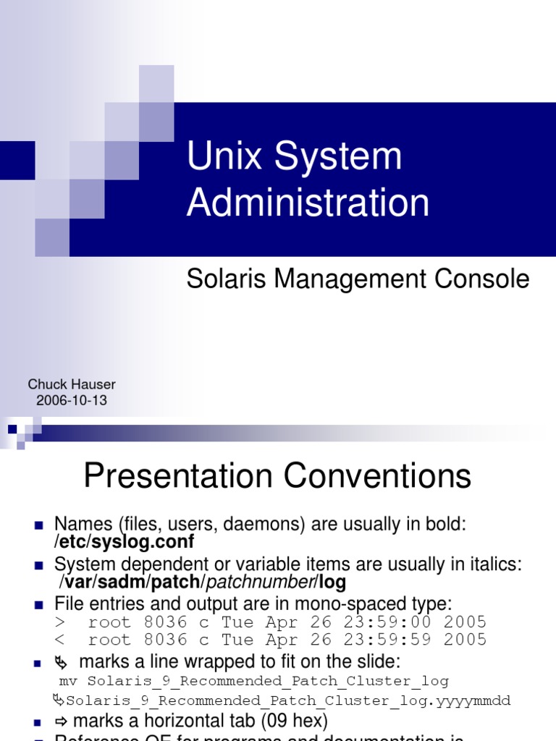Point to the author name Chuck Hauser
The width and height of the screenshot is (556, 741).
pos(71,384)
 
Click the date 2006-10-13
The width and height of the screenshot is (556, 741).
pos(71,400)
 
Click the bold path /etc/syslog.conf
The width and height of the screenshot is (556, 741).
pos(125,542)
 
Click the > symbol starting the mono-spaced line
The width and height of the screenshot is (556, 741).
pos(59,622)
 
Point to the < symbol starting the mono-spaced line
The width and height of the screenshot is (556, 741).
pos(59,640)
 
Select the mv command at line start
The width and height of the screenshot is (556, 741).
pos(67,681)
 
